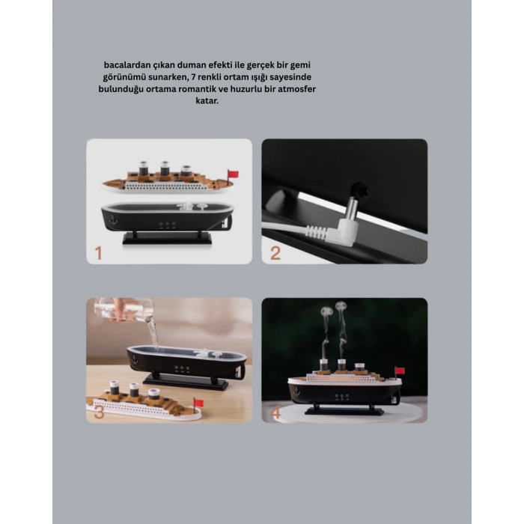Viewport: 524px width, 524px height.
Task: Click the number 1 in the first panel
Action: point(98,252)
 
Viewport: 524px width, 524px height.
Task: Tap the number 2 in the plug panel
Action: point(275,252)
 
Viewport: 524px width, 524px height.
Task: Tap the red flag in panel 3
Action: point(198,402)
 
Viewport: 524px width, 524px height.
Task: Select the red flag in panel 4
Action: point(399,371)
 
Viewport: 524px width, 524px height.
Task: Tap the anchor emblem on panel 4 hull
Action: point(299,390)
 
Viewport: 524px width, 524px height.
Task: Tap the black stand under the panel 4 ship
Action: point(344,410)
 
